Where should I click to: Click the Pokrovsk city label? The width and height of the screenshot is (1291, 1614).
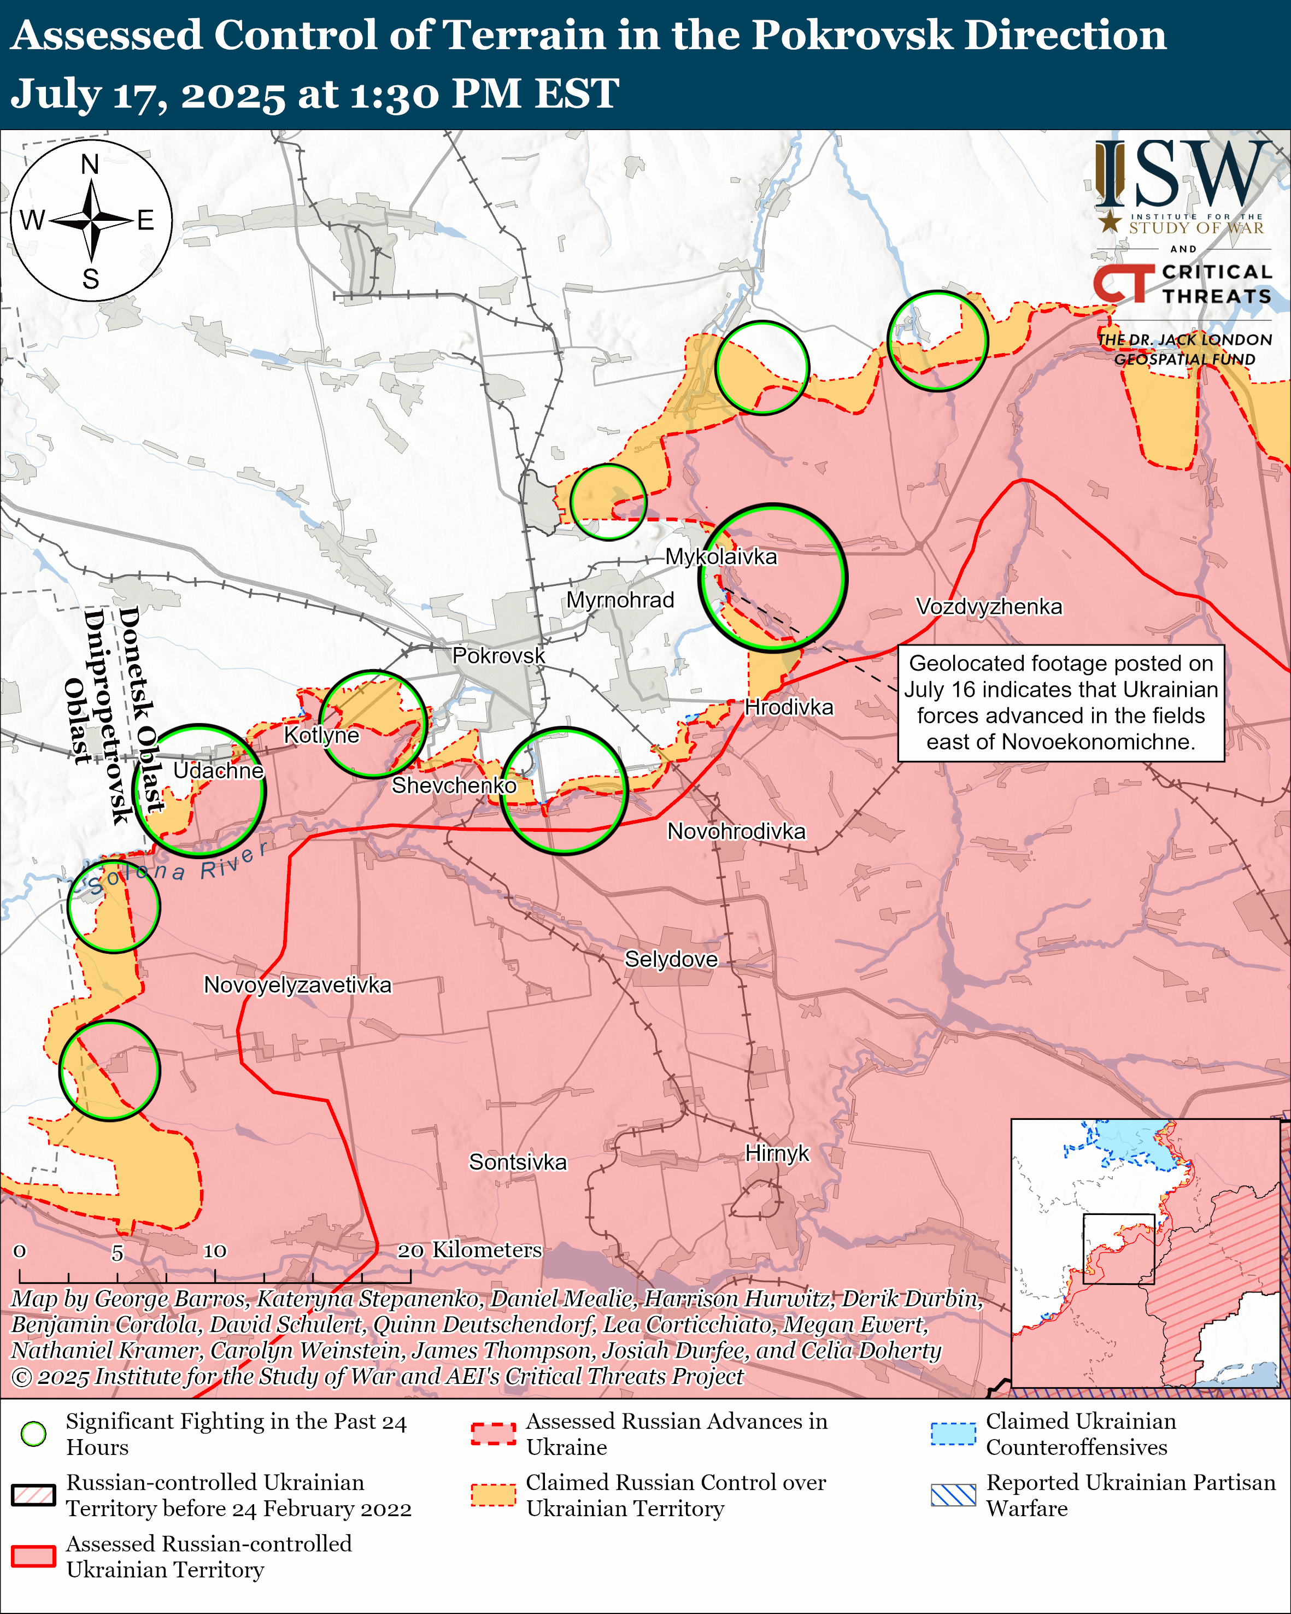tap(498, 656)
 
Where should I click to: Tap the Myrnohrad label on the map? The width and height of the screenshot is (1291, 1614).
tap(620, 600)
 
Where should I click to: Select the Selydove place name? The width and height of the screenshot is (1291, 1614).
tap(671, 960)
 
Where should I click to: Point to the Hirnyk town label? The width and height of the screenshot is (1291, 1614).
tap(777, 1154)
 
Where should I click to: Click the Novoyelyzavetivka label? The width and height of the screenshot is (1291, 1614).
tap(297, 985)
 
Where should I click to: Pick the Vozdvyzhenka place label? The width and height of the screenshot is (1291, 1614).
tap(989, 606)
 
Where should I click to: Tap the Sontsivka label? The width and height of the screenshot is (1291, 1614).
tap(518, 1162)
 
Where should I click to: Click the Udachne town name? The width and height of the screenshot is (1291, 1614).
tap(218, 771)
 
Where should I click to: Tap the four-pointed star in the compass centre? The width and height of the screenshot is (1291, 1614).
tap(91, 221)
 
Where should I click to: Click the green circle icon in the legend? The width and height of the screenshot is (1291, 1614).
tap(33, 1434)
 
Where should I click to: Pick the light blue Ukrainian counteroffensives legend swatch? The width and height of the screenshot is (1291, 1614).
tap(953, 1434)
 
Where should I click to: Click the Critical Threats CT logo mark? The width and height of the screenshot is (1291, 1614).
tap(1123, 284)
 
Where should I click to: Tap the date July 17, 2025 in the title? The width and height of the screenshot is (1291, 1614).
tap(148, 95)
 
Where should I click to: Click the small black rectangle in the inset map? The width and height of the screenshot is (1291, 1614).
tap(1119, 1249)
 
